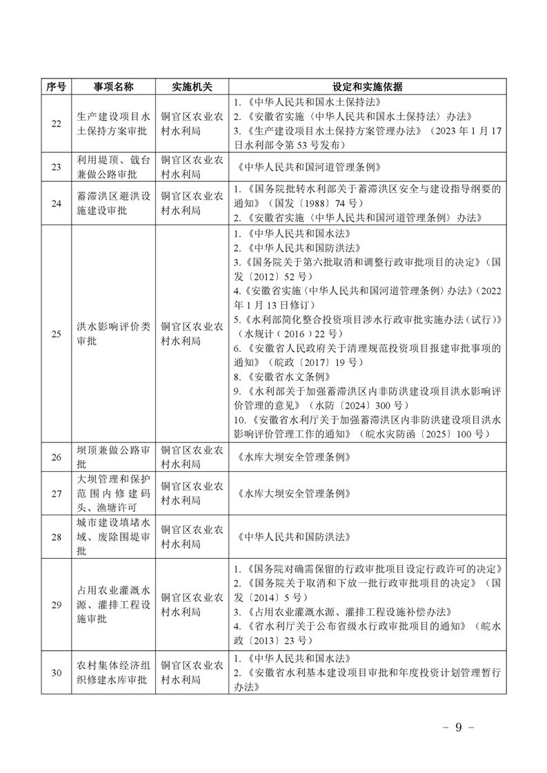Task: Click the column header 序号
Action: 57,87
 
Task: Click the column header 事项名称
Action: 113,87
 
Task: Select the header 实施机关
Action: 192,87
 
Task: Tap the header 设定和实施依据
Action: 367,87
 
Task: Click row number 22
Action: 57,123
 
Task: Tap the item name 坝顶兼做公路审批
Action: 113,457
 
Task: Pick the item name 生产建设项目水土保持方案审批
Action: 113,123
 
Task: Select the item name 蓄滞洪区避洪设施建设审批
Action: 113,203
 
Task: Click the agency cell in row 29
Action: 192,604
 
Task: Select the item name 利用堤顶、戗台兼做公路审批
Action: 113,167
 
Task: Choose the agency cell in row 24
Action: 192,203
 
